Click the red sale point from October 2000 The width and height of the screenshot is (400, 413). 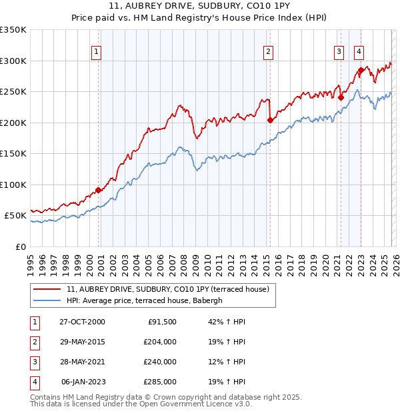tap(99, 190)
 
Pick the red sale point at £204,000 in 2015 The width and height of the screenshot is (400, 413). tap(270, 121)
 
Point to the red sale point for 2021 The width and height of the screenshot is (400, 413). tap(341, 97)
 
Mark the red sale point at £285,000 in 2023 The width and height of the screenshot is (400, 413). tap(361, 70)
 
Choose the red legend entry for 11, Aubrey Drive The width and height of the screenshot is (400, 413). tap(167, 289)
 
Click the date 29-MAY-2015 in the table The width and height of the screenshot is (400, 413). tap(82, 342)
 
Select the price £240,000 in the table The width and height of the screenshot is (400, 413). tap(160, 362)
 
